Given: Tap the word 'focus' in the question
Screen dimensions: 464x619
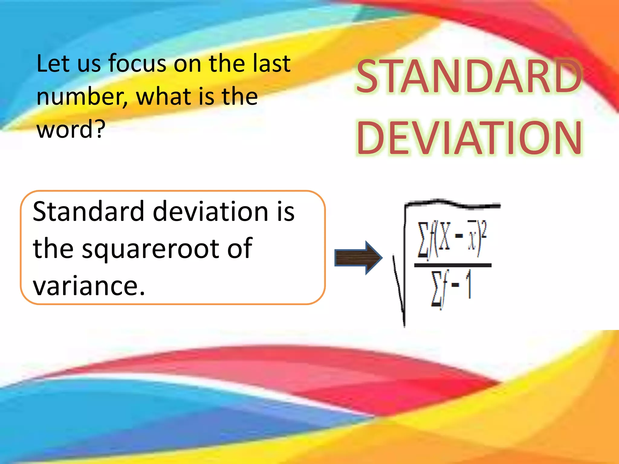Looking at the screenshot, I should point(138,63).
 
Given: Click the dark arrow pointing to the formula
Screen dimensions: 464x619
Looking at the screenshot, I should point(358,258).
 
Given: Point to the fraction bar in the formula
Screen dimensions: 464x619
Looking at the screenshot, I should point(452,265).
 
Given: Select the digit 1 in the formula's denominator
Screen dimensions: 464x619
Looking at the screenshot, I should point(469,285).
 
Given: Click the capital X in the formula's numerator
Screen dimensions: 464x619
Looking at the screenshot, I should point(444,236).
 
